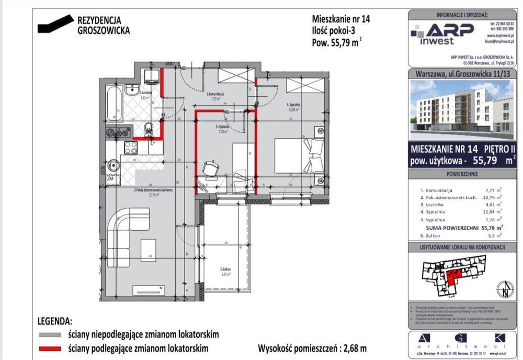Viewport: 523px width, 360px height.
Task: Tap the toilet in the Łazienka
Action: point(149,128)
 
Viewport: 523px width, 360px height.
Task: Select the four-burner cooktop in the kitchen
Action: point(130,148)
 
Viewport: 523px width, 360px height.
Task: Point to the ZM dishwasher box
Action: point(111,179)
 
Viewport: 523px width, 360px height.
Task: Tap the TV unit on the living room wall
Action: point(149,289)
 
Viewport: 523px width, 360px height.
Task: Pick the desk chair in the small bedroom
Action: point(210,168)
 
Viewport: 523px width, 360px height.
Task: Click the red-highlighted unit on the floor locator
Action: point(451,276)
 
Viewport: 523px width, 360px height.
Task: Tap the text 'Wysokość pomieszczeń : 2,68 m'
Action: point(312,347)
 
